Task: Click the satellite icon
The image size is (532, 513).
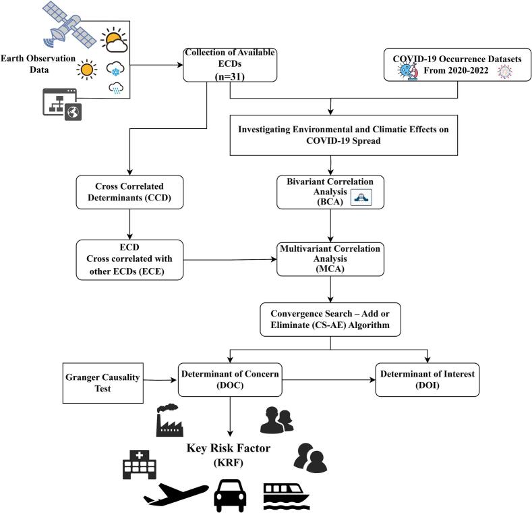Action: (69, 25)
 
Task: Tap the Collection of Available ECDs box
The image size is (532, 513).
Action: (230, 65)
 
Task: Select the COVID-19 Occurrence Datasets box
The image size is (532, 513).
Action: (457, 65)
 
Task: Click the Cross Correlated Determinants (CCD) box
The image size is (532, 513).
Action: (129, 192)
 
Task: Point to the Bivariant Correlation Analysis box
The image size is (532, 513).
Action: (330, 192)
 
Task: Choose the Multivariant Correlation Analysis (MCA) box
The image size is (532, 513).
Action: (330, 259)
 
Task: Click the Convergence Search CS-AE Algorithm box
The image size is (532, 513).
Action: (330, 319)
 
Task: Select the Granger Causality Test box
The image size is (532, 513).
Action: (102, 383)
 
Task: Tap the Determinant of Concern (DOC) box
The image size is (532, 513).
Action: (230, 379)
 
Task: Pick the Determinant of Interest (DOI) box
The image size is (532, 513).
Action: (427, 379)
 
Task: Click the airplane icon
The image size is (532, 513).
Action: (176, 493)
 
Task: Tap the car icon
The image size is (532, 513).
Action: (230, 495)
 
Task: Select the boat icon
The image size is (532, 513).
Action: (287, 497)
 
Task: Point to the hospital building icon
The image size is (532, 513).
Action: (140, 464)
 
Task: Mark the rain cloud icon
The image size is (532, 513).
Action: (116, 88)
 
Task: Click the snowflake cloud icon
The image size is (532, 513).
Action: (115, 69)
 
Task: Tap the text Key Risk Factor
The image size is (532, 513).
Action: (229, 448)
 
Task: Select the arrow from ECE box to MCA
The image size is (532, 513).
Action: (230, 260)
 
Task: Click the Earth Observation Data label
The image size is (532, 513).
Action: (38, 64)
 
